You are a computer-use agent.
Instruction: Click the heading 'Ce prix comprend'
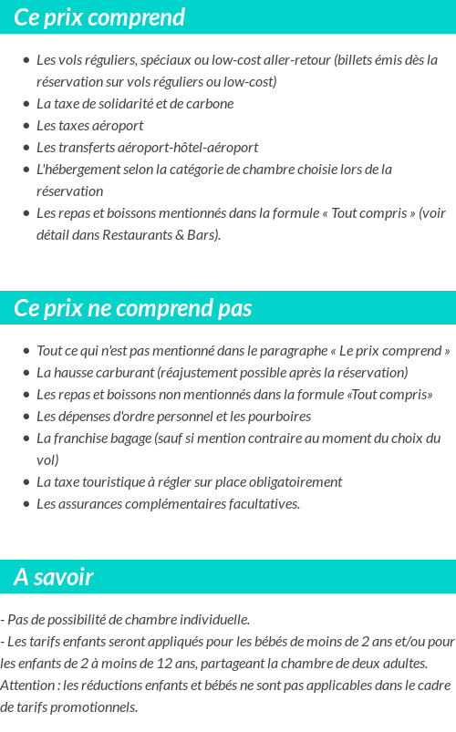coord(99,17)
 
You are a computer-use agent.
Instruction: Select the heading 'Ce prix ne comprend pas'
coord(132,308)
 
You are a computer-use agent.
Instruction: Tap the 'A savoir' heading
coord(54,577)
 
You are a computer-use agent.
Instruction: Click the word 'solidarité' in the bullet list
coord(125,104)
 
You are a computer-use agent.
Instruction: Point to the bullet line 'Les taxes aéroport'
coord(89,126)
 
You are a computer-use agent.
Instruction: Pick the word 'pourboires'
coord(279,417)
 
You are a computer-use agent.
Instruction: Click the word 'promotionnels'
coord(94,707)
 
